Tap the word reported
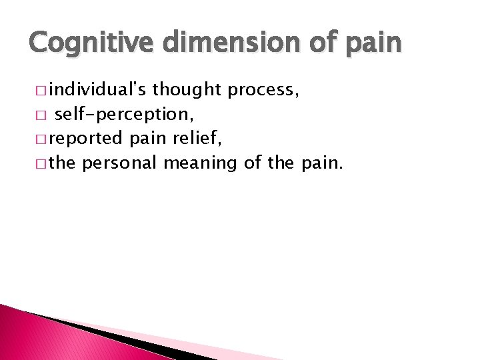[x=85, y=139]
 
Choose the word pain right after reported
[x=145, y=139]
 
